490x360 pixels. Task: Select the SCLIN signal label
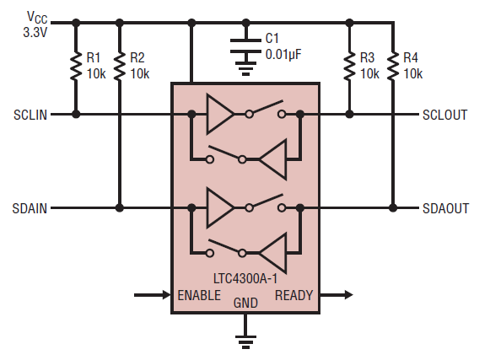(x=32, y=115)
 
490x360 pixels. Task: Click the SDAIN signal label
(x=32, y=207)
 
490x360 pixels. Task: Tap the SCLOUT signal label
(x=444, y=115)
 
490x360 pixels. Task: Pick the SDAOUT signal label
(x=444, y=207)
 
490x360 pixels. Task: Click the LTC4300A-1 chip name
(x=245, y=275)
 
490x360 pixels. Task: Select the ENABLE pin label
(x=199, y=295)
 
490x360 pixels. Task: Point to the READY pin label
(x=293, y=295)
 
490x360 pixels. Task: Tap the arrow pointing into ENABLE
(x=153, y=295)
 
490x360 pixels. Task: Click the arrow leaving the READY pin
(x=337, y=295)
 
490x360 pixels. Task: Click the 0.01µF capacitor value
(x=283, y=55)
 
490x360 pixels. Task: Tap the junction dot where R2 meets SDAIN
(x=121, y=207)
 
